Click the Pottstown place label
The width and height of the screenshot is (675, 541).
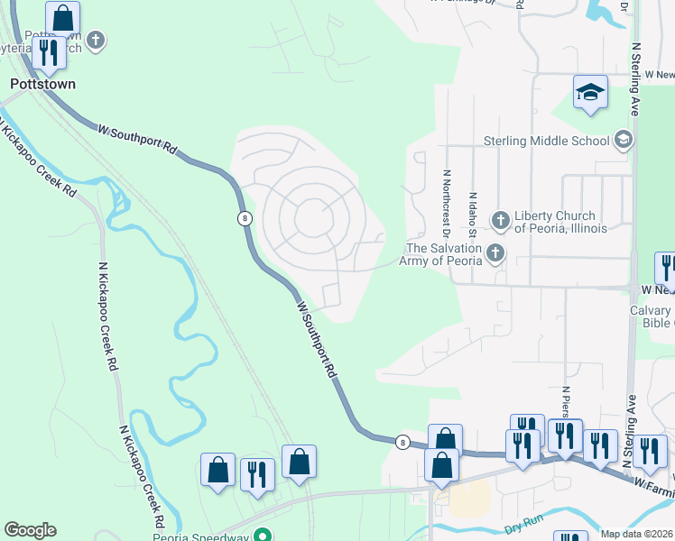[42, 83]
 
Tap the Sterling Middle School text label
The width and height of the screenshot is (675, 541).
[547, 141]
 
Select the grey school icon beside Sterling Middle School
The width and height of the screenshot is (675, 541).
[623, 140]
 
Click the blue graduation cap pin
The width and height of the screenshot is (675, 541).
[590, 93]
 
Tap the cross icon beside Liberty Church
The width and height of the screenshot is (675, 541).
[500, 220]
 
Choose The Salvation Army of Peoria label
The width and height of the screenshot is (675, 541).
[445, 254]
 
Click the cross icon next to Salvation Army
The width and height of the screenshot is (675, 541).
[495, 254]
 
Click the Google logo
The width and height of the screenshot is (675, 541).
[30, 530]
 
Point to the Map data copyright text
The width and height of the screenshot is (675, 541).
[637, 534]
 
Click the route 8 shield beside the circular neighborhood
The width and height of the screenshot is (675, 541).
[245, 218]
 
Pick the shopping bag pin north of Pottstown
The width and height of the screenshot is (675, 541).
[62, 17]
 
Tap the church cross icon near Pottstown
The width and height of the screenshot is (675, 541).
[96, 41]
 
